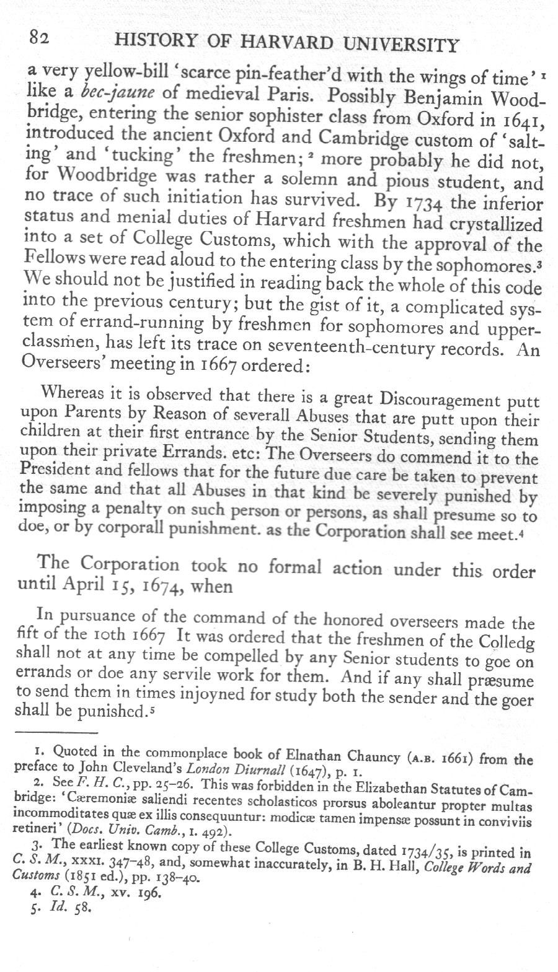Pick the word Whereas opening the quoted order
[x=68, y=394]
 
